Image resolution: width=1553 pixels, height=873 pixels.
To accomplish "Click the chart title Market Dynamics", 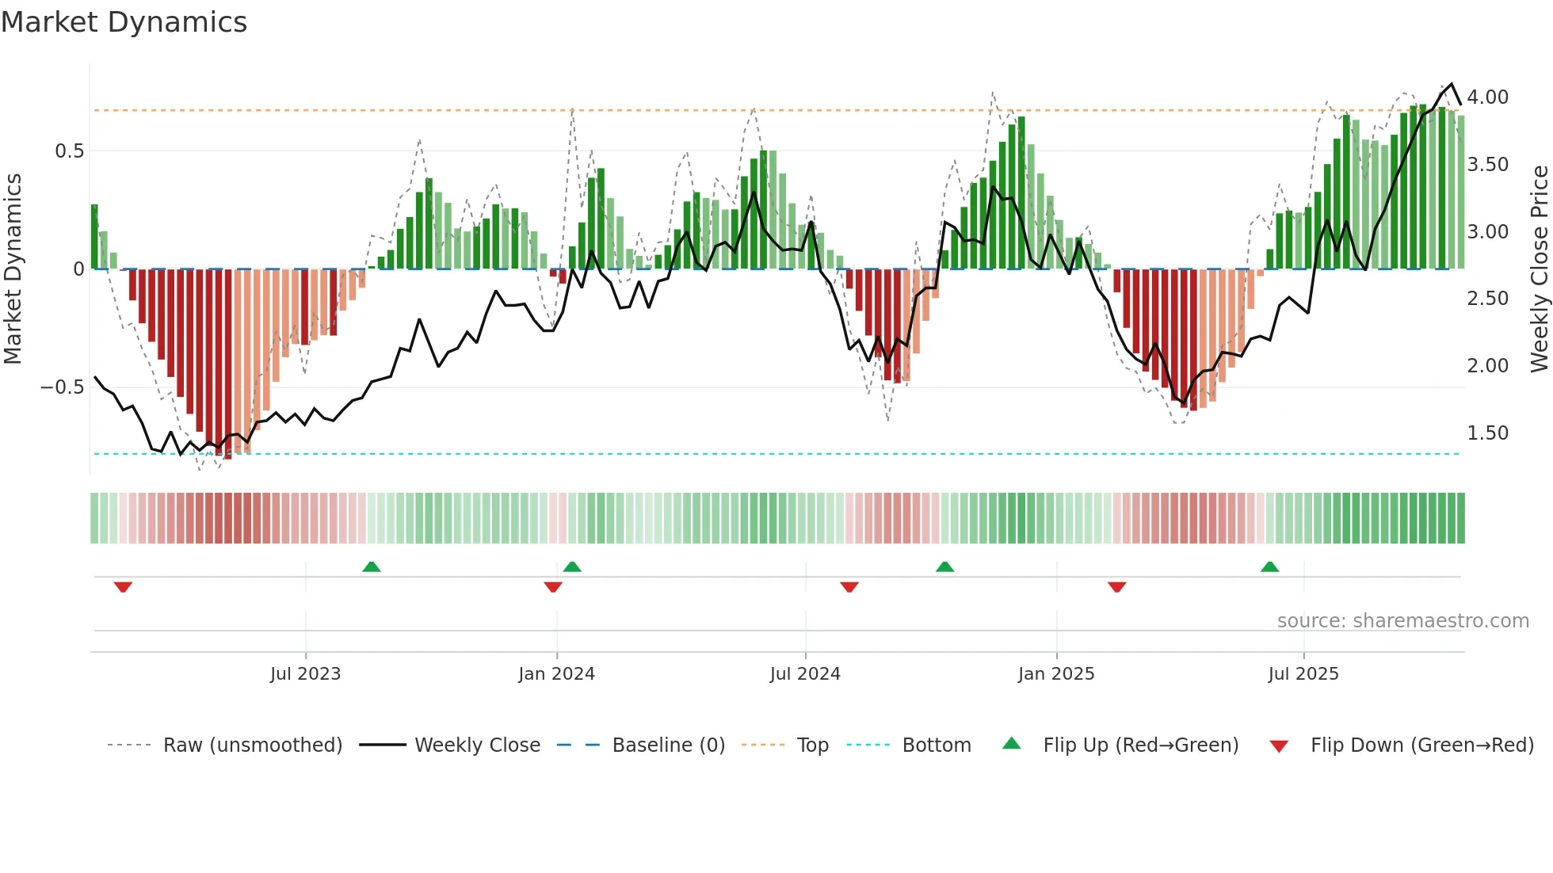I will [124, 22].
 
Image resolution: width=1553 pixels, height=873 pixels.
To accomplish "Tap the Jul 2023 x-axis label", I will [305, 674].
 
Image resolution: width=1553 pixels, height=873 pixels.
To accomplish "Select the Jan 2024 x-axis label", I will [556, 674].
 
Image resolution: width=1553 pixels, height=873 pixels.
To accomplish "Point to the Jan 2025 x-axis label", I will [1056, 674].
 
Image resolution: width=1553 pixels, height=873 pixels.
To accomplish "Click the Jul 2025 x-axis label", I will [1303, 674].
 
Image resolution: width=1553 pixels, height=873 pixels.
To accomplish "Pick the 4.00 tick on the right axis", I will [1487, 97].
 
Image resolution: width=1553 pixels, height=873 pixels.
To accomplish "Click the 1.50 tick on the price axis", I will [1487, 433].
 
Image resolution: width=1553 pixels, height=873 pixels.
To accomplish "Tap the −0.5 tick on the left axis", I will [62, 387].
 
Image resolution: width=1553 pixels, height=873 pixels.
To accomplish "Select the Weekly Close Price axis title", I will [1539, 269].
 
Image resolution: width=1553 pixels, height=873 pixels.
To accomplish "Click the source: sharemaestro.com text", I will [1402, 621].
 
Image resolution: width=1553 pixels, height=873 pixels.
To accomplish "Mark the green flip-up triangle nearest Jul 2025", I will [1269, 567].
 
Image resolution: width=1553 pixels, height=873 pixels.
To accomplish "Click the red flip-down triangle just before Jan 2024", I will [553, 587].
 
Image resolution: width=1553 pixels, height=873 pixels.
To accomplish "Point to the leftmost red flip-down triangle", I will [123, 587].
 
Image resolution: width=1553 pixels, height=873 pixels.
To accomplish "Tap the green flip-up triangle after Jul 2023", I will [371, 567].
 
